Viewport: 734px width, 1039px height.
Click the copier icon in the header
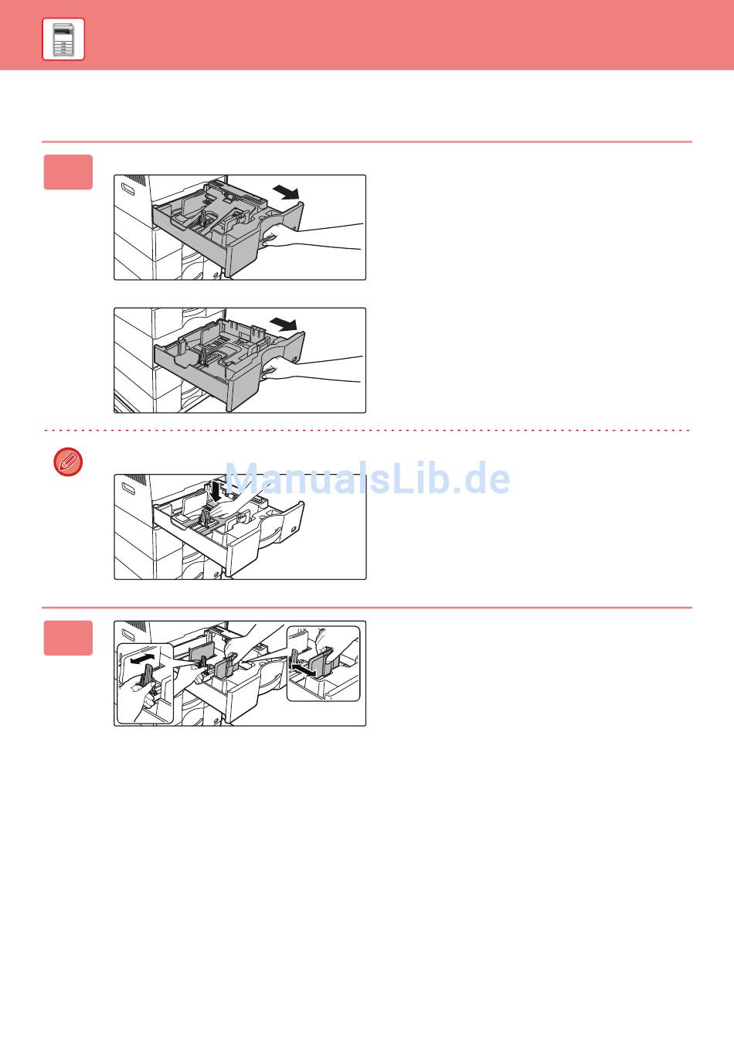[x=63, y=39]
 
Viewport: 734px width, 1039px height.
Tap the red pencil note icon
[x=68, y=462]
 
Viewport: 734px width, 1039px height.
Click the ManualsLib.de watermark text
[x=367, y=478]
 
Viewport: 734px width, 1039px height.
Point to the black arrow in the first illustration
[x=286, y=192]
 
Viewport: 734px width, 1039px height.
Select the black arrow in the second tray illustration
[x=284, y=324]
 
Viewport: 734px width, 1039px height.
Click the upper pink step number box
[x=68, y=172]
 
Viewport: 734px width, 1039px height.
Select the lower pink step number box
[x=68, y=638]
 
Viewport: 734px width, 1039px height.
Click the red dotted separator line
[x=367, y=431]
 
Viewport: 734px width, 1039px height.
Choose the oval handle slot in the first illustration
[x=127, y=189]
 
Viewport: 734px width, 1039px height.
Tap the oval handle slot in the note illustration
[x=127, y=488]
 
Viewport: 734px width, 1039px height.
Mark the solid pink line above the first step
[x=367, y=141]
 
